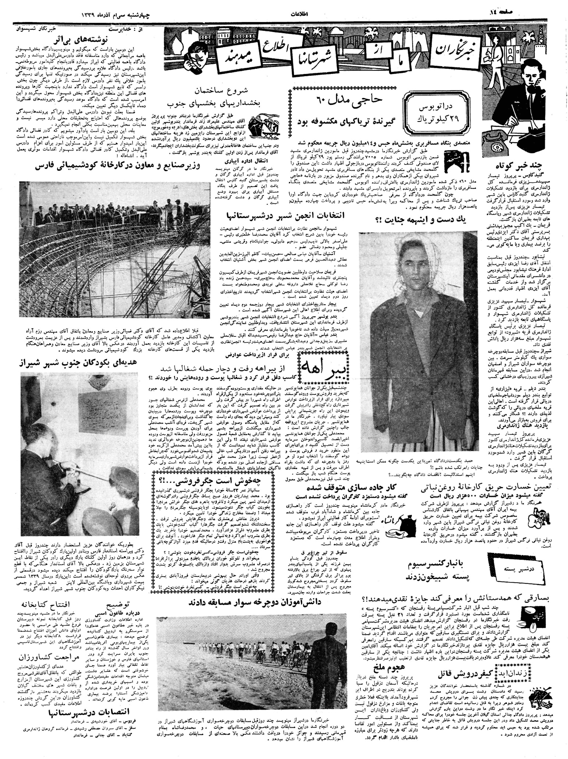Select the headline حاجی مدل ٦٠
pyautogui.click(x=343, y=99)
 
